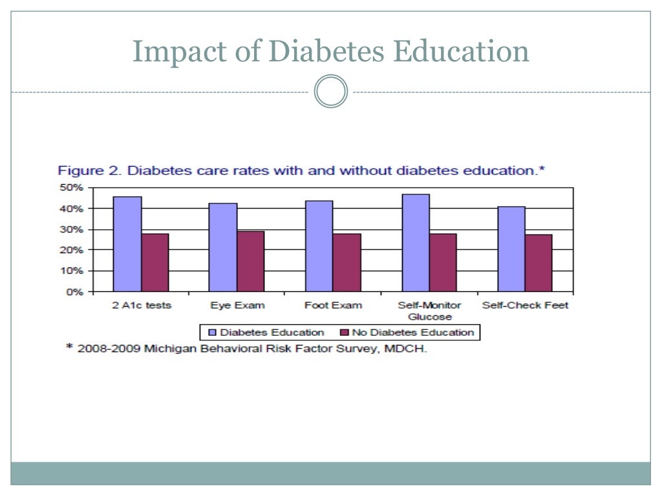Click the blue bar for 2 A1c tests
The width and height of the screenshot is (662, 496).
(127, 243)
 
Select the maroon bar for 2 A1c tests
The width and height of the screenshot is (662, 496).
(155, 262)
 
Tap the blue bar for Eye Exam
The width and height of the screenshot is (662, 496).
(223, 247)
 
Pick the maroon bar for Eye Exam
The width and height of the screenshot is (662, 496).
(251, 261)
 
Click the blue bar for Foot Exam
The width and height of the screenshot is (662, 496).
(319, 245)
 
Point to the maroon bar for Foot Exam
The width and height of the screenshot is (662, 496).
(347, 262)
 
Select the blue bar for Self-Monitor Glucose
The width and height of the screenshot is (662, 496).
(415, 242)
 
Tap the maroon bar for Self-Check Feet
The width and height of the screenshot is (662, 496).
(539, 263)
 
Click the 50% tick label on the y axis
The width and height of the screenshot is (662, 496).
(72, 188)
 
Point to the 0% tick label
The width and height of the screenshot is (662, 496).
(75, 292)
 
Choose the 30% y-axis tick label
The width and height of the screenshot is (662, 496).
(72, 230)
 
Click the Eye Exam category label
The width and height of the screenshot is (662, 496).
(237, 305)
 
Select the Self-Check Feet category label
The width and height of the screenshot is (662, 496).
(525, 305)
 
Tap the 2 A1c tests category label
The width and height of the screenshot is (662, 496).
(142, 305)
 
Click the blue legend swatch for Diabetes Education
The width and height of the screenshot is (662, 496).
(211, 333)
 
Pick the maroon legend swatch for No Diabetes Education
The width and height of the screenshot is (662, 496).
(344, 333)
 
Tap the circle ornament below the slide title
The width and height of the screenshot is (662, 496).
(331, 92)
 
